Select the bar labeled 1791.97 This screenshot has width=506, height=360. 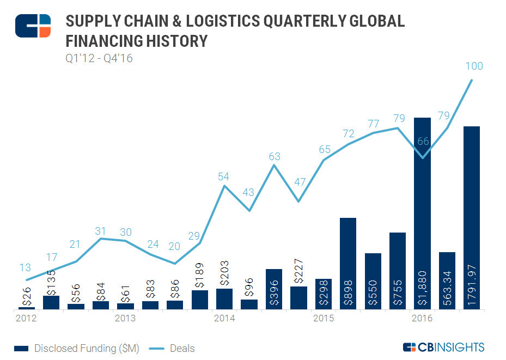[x=471, y=218]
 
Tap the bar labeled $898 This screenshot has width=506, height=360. [x=348, y=264]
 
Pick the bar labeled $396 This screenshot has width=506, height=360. [x=274, y=289]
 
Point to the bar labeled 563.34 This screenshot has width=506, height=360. [x=447, y=280]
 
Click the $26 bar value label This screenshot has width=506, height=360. [x=26, y=297]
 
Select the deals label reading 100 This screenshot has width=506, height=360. [x=474, y=66]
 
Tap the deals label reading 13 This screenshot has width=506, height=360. [x=25, y=267]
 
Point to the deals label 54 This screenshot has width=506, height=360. [x=224, y=176]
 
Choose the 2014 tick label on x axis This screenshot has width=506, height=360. [x=224, y=318]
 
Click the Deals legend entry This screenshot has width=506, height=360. [x=173, y=348]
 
